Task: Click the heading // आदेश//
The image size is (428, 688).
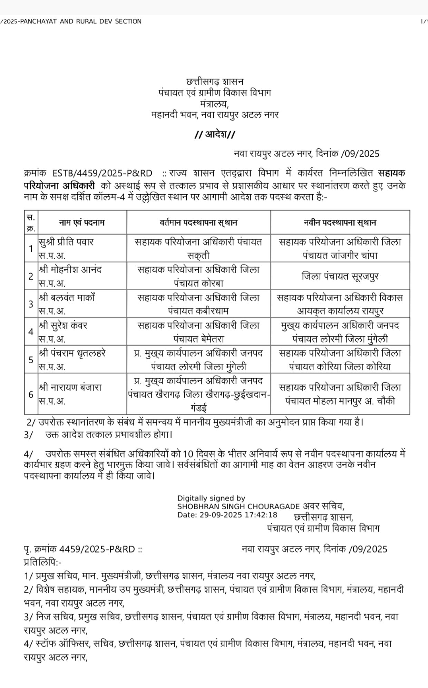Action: tap(215, 135)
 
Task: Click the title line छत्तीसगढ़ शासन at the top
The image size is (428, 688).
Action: tap(215, 82)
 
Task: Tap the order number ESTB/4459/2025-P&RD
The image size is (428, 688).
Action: tap(103, 173)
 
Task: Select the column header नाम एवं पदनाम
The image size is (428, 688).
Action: tap(82, 223)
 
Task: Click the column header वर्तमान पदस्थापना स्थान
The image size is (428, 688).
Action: tap(198, 223)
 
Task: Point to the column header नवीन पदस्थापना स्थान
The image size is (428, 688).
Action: tap(340, 223)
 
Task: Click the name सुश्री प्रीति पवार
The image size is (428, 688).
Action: tap(66, 242)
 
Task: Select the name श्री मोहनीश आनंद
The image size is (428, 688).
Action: tap(70, 269)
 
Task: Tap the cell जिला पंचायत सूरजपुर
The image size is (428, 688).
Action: tap(340, 276)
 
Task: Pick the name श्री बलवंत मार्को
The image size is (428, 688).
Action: tap(67, 297)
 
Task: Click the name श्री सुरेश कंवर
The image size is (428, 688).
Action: tap(63, 325)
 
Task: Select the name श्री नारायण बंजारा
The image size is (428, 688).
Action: tap(70, 387)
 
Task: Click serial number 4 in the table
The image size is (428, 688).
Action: tap(31, 332)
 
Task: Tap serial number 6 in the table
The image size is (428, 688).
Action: tap(31, 394)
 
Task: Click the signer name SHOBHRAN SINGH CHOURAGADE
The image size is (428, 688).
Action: tap(239, 507)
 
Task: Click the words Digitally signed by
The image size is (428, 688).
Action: tap(211, 498)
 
